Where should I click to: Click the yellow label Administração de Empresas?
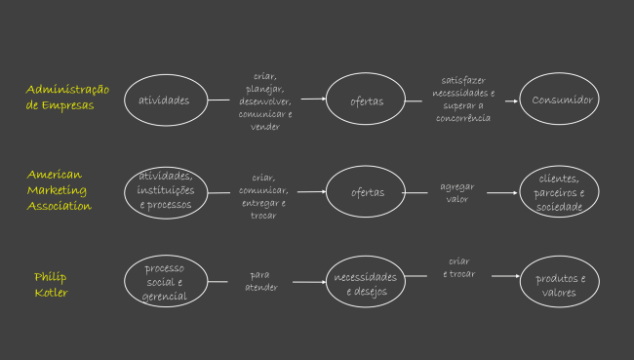[67, 98]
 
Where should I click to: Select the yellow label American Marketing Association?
[60, 190]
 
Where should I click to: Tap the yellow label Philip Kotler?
[51, 284]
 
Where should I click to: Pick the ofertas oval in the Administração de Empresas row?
[367, 100]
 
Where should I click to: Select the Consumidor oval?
[563, 100]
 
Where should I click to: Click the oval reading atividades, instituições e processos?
[166, 191]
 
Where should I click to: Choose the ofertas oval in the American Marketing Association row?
[367, 192]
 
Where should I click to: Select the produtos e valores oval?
[561, 284]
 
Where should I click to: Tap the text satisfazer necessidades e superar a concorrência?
[462, 100]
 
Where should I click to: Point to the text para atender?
[261, 281]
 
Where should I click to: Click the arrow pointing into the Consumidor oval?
[503, 100]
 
